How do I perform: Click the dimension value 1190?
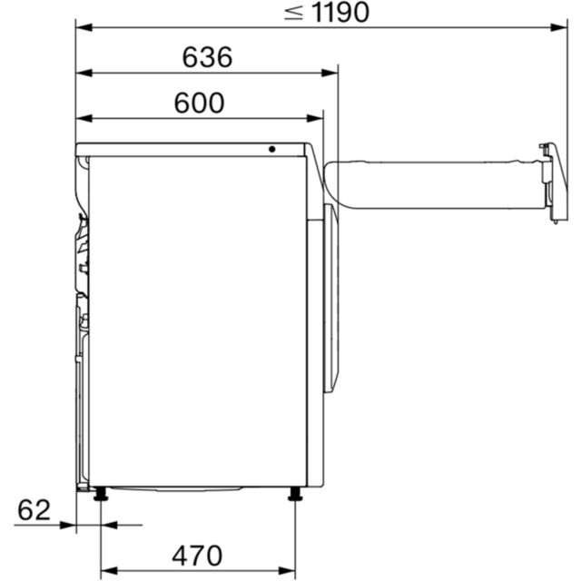tap(341, 13)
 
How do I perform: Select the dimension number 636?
tap(208, 57)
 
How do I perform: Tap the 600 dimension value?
tap(200, 103)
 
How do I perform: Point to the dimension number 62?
tap(34, 510)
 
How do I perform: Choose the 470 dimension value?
tap(197, 556)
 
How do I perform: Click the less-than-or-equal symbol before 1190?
tap(294, 13)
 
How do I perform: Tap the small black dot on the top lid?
tap(272, 149)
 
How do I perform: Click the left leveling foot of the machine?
tap(101, 494)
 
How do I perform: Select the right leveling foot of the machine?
tap(295, 494)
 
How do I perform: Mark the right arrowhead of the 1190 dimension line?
tap(559, 27)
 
